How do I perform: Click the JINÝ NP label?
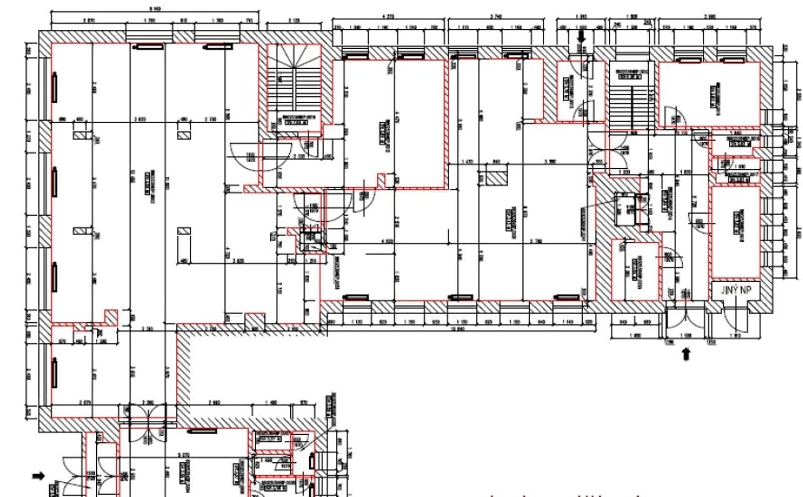(736, 290)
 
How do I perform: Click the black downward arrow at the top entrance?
(582, 36)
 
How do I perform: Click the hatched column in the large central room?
(494, 177)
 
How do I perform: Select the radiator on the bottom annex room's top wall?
(203, 431)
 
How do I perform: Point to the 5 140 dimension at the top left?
(155, 9)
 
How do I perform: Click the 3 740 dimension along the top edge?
(496, 17)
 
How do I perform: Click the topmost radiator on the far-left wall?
(54, 87)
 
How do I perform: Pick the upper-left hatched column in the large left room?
(82, 135)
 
